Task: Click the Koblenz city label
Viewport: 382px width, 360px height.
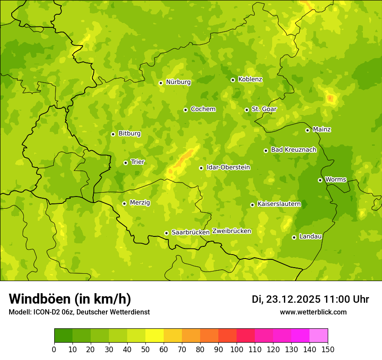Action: [x=250, y=79]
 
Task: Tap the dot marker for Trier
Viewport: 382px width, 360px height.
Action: [x=126, y=163]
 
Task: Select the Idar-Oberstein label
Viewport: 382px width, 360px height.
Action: [x=228, y=167]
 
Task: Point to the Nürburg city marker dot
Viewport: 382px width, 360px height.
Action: [x=161, y=83]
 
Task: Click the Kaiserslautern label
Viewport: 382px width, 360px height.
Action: [x=279, y=204]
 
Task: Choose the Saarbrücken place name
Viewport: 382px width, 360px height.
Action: [x=191, y=232]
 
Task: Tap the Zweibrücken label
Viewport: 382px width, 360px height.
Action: [x=231, y=231]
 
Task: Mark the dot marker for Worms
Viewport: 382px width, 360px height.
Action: [x=320, y=180]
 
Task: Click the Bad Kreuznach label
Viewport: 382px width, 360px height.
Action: [x=293, y=150]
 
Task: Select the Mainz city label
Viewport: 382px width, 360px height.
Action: [x=322, y=129]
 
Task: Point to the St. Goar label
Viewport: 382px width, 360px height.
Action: [x=264, y=109]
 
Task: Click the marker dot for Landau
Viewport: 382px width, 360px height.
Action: [x=294, y=237]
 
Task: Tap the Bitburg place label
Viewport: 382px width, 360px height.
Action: [x=129, y=134]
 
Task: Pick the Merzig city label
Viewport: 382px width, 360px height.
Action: [x=140, y=203]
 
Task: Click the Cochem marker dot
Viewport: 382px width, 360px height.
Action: [x=185, y=110]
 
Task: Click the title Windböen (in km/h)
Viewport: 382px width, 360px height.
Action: [x=70, y=299]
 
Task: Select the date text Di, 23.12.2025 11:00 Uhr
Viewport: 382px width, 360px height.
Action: [x=310, y=299]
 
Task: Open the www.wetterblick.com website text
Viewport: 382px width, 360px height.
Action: [x=313, y=312]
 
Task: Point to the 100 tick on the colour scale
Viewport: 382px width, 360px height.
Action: [x=237, y=349]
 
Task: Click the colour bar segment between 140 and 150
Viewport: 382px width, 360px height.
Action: [x=319, y=336]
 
